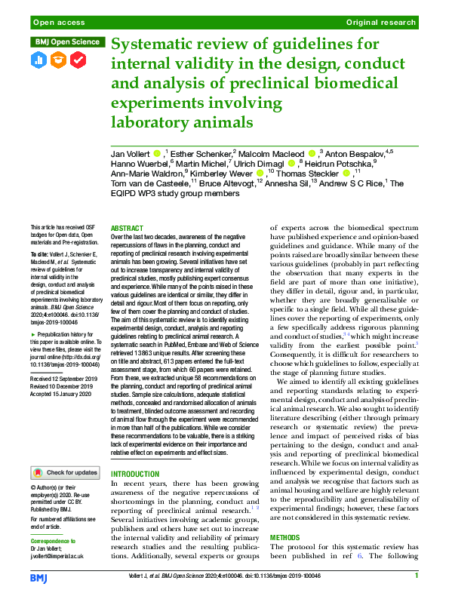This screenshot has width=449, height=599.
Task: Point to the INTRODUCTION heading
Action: click(134, 475)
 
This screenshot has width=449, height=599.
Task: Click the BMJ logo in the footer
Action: click(38, 578)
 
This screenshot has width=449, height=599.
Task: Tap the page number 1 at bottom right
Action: click(417, 576)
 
